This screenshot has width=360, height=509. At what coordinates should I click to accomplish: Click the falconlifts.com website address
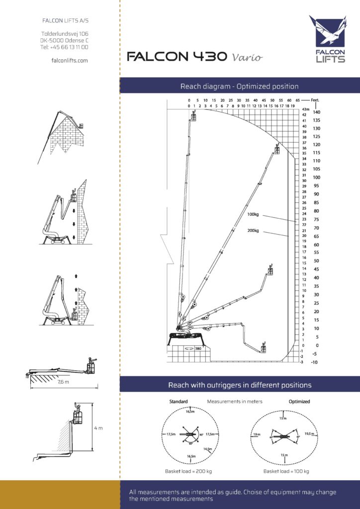(70, 60)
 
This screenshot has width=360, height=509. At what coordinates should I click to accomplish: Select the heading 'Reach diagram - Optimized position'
(239, 86)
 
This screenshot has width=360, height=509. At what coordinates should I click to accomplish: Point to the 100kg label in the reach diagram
(253, 215)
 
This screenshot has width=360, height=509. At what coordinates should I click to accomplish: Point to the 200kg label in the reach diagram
(253, 231)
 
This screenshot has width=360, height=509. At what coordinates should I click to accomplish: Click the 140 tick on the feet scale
(316, 112)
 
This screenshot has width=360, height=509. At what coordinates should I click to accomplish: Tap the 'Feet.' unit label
(314, 99)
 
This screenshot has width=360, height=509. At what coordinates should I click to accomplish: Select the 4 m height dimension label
(99, 427)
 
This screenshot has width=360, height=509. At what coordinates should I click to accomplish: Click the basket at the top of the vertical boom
(193, 116)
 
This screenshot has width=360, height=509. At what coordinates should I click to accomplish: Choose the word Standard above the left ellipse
(178, 401)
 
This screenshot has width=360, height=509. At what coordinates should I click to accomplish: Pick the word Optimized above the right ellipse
(299, 401)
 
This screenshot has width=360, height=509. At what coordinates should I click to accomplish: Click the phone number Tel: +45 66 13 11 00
(65, 47)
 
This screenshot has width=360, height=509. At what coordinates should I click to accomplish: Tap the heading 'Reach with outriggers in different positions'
(239, 385)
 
